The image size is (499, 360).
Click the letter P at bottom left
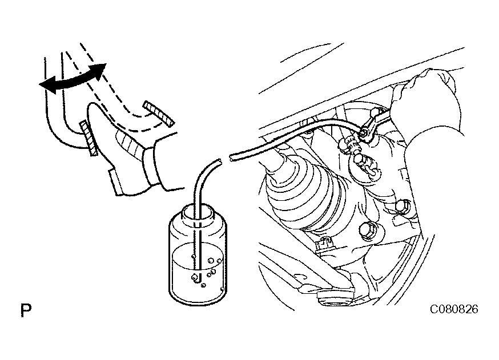26,310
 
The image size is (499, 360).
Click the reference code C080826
454,309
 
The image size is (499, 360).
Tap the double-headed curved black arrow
72,79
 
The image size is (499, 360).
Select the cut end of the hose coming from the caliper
231,156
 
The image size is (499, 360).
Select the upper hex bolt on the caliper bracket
401,207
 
